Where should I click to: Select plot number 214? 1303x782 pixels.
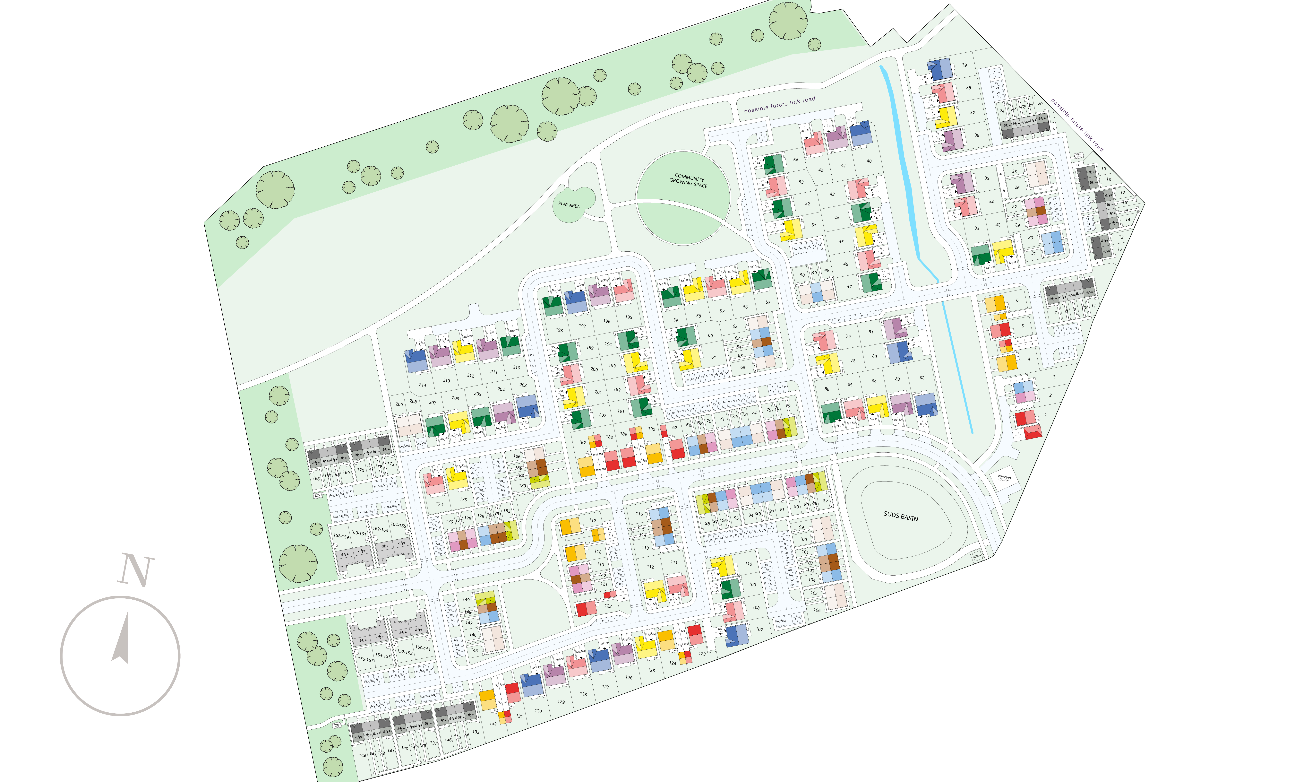(422, 385)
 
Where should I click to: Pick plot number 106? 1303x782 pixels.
(817, 610)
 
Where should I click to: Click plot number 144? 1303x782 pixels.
(362, 756)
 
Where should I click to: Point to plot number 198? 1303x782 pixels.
(559, 330)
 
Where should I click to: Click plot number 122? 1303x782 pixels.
(608, 606)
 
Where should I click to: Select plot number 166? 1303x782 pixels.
(316, 478)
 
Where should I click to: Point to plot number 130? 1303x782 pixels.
(538, 711)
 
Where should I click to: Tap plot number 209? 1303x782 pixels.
(399, 405)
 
